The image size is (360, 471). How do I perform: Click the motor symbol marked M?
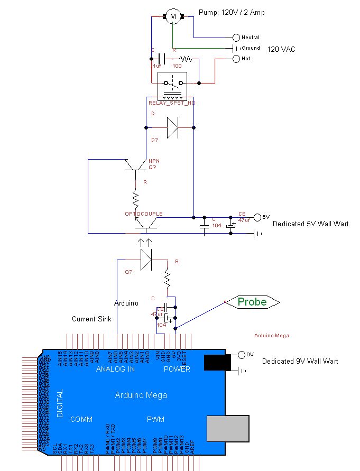[172, 17]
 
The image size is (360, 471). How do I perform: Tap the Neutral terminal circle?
[236, 38]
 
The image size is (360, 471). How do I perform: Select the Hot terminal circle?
[236, 59]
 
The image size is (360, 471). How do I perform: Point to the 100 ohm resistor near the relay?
[186, 59]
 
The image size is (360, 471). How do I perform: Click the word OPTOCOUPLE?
[143, 214]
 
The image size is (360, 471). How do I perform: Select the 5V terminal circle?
[257, 217]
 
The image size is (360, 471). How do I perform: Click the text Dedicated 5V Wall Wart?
[310, 224]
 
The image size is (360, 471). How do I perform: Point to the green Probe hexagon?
[252, 302]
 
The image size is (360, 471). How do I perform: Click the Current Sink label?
[90, 319]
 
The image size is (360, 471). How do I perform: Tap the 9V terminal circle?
[243, 354]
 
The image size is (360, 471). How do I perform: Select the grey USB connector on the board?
[228, 428]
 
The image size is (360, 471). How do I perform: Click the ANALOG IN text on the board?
[115, 369]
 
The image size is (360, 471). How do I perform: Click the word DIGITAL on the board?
[60, 403]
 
